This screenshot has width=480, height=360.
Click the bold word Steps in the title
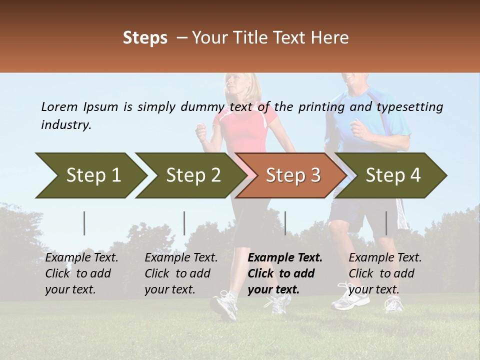(145, 38)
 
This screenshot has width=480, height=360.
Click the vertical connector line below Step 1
(84, 223)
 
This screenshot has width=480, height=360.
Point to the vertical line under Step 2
(184, 223)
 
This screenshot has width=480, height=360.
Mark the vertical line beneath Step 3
(285, 223)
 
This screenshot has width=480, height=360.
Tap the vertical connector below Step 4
(386, 223)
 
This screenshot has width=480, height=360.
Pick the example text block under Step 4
(385, 273)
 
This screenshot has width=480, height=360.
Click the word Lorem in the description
(59, 106)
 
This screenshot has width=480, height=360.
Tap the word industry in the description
(65, 125)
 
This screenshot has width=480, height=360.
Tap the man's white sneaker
(350, 300)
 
